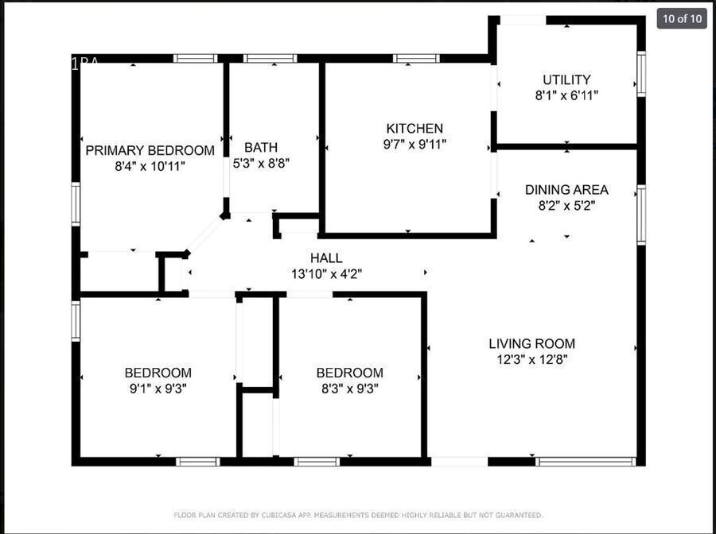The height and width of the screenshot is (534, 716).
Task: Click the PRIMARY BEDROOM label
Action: (x=150, y=150)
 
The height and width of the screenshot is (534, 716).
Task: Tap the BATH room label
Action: (x=261, y=147)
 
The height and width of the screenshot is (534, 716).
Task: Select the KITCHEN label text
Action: (x=414, y=128)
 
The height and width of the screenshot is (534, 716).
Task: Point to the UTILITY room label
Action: (x=566, y=79)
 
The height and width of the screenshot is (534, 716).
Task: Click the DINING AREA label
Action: (x=566, y=190)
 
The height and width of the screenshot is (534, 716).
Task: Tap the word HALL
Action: (x=326, y=258)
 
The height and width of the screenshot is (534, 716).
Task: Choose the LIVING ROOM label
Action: (x=531, y=344)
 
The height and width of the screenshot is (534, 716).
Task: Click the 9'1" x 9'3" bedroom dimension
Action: (x=158, y=389)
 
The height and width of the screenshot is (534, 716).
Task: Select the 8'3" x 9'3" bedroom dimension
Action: (x=349, y=389)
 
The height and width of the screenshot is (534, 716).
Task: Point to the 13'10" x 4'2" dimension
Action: (x=326, y=274)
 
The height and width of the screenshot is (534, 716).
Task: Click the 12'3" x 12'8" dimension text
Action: (x=531, y=359)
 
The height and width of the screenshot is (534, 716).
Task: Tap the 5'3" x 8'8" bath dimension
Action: (x=261, y=163)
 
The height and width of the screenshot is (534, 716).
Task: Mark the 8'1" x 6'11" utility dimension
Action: (x=566, y=95)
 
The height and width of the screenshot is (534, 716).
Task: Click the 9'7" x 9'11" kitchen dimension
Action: (x=414, y=144)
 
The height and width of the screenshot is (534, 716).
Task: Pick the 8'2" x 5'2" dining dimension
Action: (x=566, y=205)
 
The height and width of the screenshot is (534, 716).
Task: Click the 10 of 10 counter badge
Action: (x=682, y=18)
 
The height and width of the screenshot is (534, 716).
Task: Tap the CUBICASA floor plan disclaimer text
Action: (x=358, y=515)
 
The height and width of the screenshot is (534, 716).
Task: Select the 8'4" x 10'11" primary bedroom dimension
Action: (x=150, y=166)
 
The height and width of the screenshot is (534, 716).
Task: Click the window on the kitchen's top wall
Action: (x=416, y=58)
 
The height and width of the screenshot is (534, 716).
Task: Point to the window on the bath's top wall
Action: (x=270, y=58)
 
